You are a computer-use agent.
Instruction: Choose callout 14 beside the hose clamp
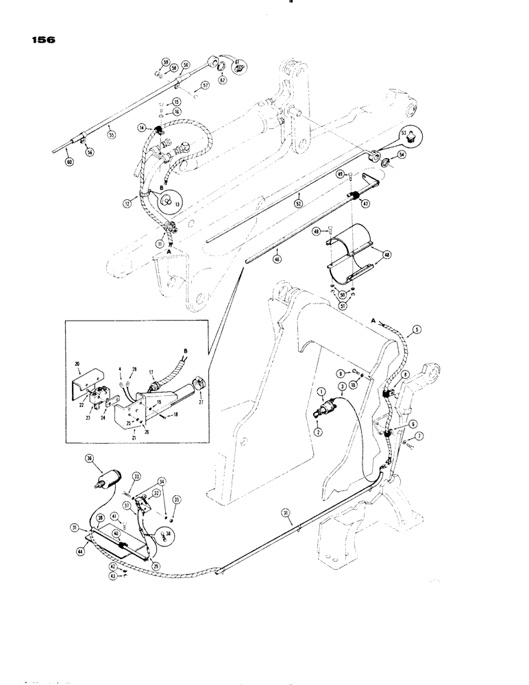[x=142, y=127]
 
